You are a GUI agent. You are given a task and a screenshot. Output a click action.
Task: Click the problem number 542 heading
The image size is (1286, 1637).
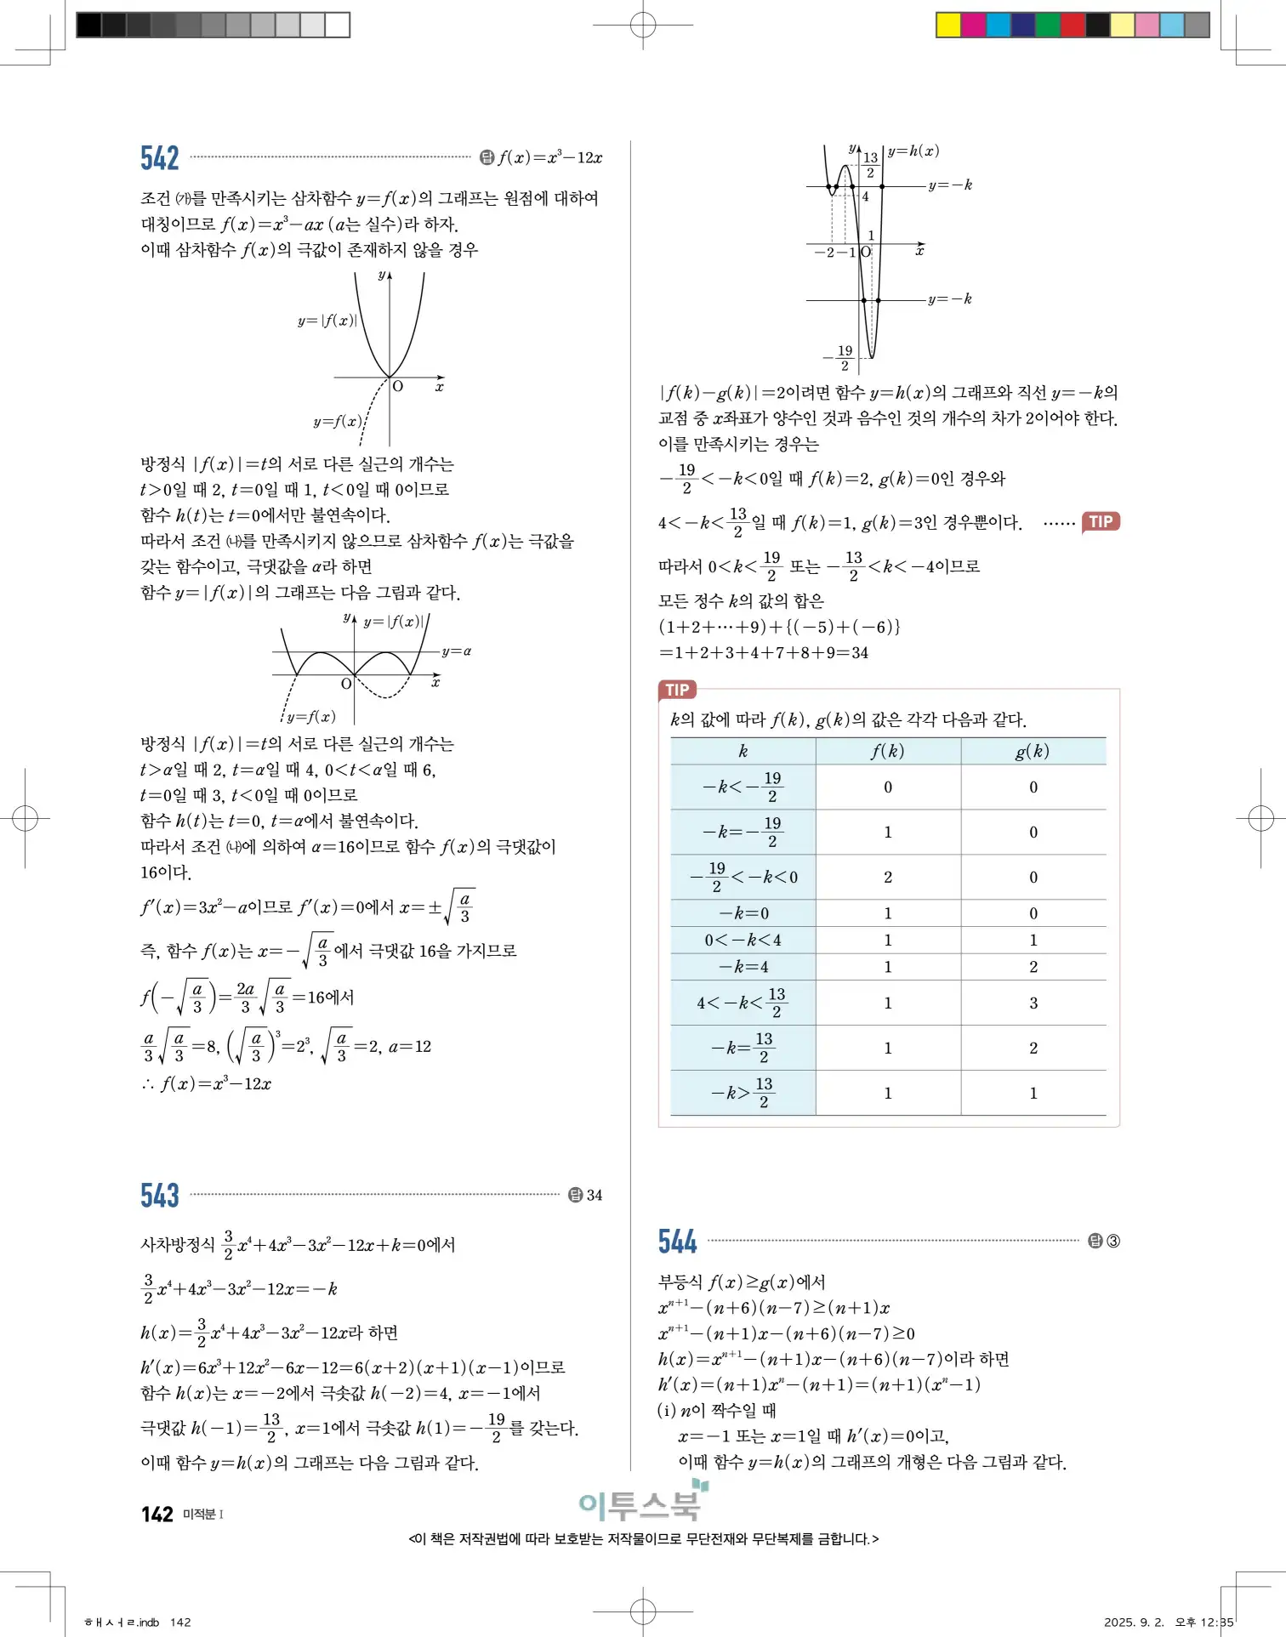tap(159, 158)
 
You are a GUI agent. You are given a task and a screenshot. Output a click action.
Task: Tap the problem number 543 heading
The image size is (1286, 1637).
tap(159, 1195)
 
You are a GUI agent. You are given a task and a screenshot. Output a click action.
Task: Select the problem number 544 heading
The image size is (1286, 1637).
tap(677, 1242)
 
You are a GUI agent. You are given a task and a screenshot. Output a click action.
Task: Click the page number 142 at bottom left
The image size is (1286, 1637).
tap(157, 1514)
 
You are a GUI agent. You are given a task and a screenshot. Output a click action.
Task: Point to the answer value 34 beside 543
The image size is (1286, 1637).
tap(594, 1195)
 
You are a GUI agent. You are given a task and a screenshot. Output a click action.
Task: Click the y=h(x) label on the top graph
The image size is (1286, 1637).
tap(913, 151)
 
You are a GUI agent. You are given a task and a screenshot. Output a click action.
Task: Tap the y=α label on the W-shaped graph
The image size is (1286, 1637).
tap(456, 651)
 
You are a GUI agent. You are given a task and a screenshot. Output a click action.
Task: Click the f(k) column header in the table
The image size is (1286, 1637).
tap(887, 751)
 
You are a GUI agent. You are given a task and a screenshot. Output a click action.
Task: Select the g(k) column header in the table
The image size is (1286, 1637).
tap(1033, 751)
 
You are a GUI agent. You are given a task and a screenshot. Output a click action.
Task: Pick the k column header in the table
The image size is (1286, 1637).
tap(743, 751)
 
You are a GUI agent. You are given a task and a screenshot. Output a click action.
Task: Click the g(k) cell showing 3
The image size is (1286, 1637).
tap(1033, 1003)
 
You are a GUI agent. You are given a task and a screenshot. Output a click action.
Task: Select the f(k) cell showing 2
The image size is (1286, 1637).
tap(887, 877)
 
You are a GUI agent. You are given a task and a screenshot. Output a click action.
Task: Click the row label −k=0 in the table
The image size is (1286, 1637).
tap(743, 913)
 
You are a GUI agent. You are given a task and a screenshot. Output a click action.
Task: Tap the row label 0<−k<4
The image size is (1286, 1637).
tap(743, 940)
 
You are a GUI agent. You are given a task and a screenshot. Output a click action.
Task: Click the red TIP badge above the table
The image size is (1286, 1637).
tap(677, 690)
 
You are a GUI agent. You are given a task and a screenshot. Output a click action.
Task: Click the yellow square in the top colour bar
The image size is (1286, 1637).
tap(947, 25)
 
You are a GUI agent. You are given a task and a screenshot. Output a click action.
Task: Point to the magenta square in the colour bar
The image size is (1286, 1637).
tap(973, 25)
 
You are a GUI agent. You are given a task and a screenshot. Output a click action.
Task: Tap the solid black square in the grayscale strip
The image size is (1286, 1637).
tap(88, 25)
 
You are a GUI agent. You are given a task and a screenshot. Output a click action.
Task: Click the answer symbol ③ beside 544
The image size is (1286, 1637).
tap(1112, 1242)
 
